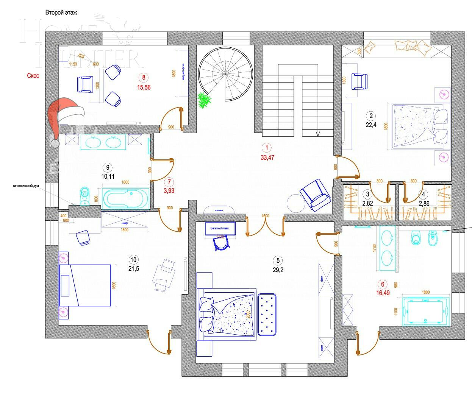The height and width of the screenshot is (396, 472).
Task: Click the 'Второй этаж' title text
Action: [x=61, y=12]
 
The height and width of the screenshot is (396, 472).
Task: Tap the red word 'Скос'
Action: [x=33, y=76]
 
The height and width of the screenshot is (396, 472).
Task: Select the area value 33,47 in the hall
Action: [x=267, y=157]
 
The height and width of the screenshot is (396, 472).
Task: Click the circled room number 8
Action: [x=144, y=78]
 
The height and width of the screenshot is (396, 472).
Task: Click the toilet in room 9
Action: [x=85, y=195]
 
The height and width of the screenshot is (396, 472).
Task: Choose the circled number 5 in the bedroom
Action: [x=278, y=260]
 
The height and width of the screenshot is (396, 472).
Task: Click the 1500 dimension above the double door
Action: [x=265, y=216]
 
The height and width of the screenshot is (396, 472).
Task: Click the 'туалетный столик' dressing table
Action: [x=220, y=229]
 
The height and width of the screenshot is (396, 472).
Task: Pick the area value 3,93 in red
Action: [x=169, y=191]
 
